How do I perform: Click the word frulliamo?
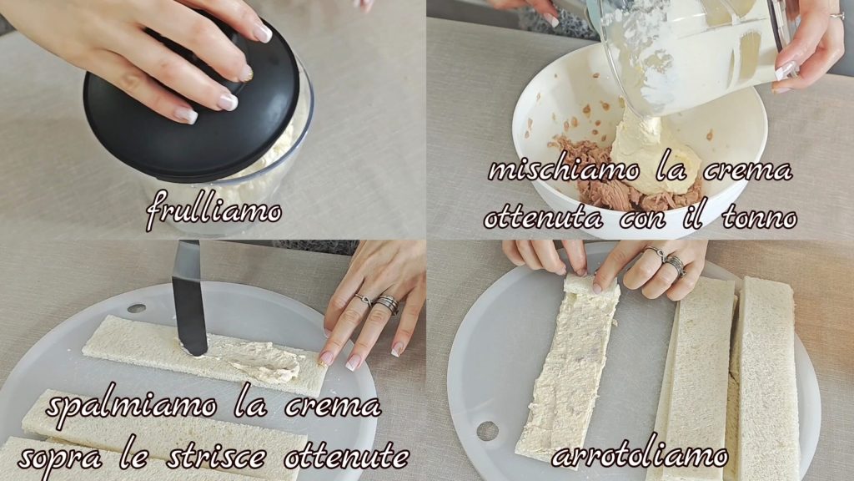pyautogui.click(x=213, y=210)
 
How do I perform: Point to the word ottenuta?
pyautogui.click(x=542, y=219)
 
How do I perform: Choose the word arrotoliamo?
pyautogui.click(x=640, y=456)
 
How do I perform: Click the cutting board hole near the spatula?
pyautogui.click(x=136, y=309)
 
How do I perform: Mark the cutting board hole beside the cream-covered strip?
pyautogui.click(x=487, y=431)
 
